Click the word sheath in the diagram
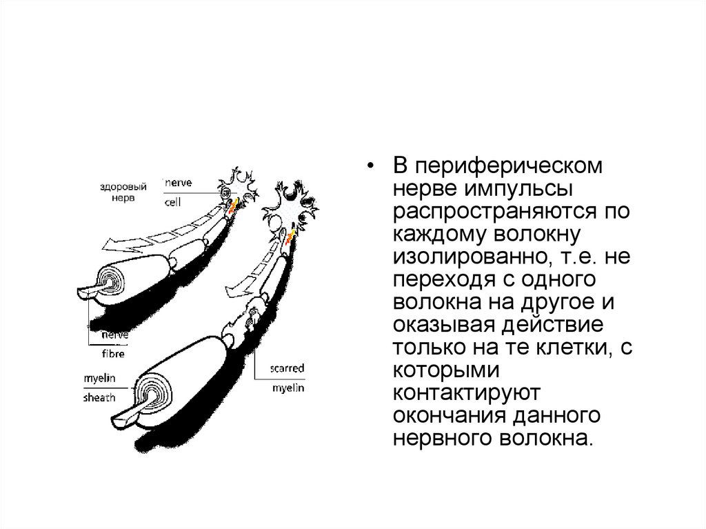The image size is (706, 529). point(100,398)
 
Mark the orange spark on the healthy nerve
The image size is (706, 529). point(234,203)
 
